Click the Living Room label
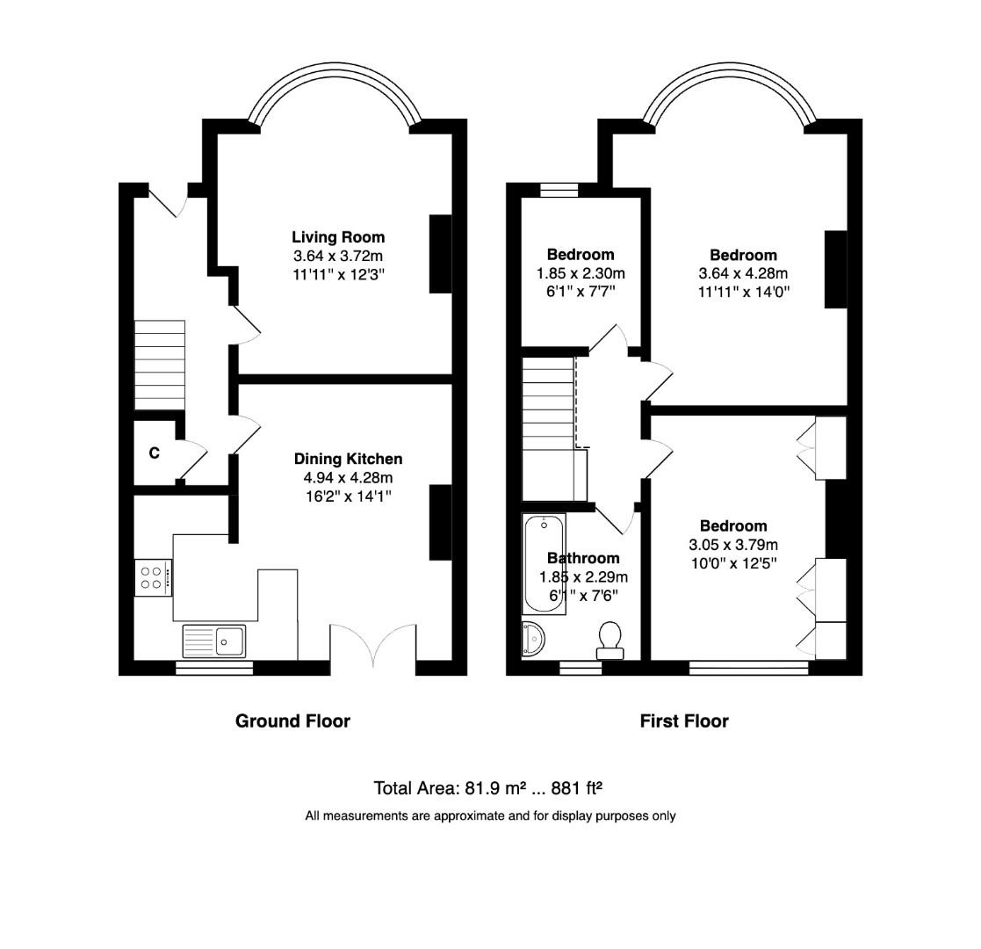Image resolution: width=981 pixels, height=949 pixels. click(338, 237)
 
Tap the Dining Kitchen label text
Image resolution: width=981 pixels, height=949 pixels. click(348, 459)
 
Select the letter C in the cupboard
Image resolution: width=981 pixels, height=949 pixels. click(155, 453)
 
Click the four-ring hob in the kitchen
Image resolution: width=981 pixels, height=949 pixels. click(153, 577)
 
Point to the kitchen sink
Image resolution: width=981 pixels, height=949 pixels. click(216, 641)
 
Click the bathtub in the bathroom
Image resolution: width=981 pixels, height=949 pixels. click(544, 564)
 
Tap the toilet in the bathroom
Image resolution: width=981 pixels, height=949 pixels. click(610, 640)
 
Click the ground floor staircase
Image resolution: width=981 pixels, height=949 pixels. click(160, 365)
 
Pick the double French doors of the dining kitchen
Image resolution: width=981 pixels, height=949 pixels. click(373, 648)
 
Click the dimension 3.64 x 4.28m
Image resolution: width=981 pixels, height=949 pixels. click(743, 273)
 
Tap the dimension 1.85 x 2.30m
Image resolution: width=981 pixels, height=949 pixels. click(581, 273)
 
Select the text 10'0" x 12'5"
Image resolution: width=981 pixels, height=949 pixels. click(733, 562)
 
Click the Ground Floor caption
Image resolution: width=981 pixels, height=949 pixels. click(292, 721)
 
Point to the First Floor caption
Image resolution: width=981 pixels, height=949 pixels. click(684, 721)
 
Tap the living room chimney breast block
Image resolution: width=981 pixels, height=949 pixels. click(440, 254)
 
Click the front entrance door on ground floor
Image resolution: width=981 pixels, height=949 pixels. click(167, 200)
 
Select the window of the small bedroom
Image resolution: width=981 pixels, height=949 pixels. click(559, 189)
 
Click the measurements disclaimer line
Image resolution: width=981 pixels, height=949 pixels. click(490, 815)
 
